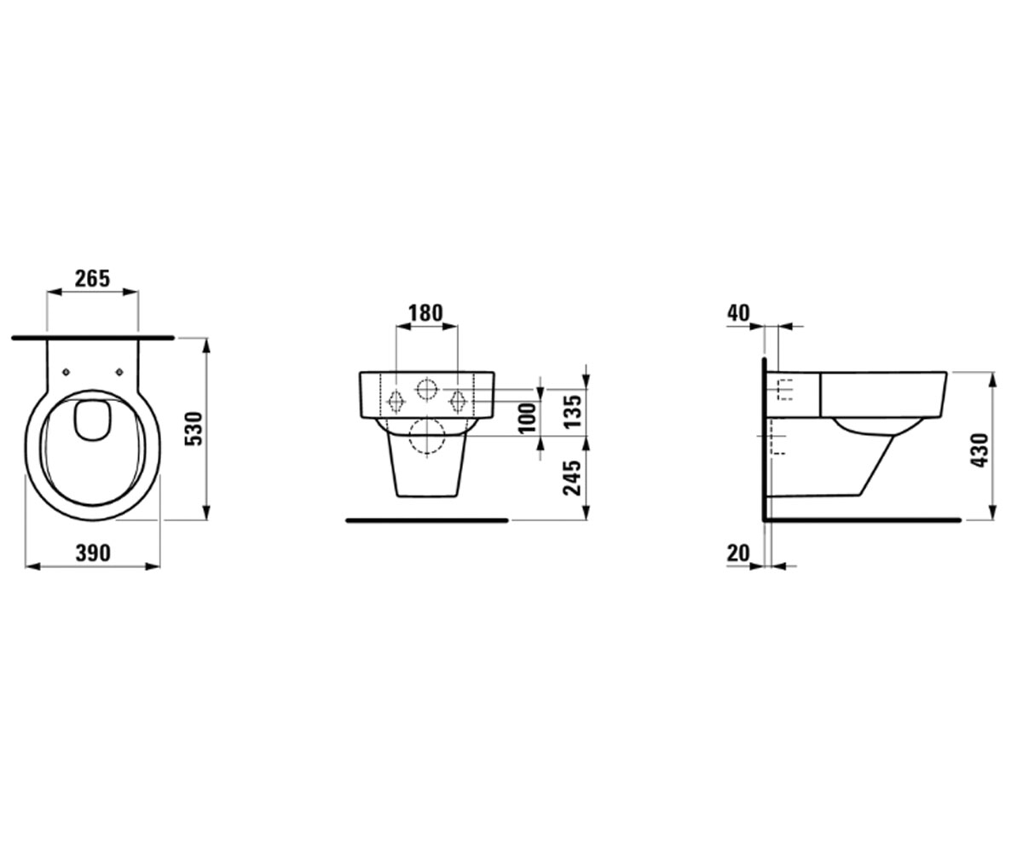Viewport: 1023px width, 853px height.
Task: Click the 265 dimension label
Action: (93, 278)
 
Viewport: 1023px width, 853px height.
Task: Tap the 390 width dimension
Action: (93, 553)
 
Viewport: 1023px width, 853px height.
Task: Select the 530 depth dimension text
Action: (194, 428)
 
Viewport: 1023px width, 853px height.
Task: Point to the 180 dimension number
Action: (425, 313)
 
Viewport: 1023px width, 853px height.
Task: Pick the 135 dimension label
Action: (572, 411)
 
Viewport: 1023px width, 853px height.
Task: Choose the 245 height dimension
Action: (572, 478)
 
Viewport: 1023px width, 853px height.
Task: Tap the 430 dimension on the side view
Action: (980, 450)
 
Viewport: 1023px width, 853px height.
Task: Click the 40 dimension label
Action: (738, 313)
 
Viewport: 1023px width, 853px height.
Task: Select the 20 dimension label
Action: (738, 554)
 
